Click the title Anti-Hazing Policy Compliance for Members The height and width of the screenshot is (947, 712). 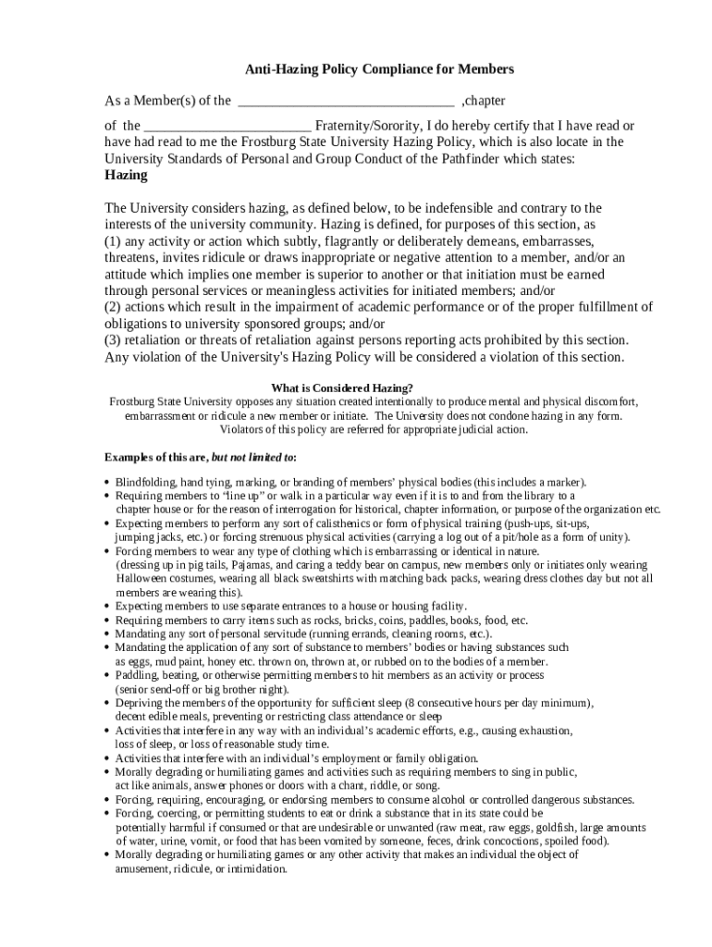(x=379, y=69)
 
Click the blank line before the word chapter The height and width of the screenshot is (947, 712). (x=346, y=103)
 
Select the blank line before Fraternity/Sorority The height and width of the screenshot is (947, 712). (x=228, y=128)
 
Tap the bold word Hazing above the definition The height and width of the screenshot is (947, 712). (x=126, y=175)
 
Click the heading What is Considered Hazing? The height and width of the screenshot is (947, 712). (x=342, y=387)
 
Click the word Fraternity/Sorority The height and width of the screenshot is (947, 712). (x=367, y=126)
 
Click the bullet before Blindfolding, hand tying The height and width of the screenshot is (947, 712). (x=107, y=483)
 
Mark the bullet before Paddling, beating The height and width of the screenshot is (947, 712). (x=107, y=676)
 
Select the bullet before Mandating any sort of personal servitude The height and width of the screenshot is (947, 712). (x=107, y=634)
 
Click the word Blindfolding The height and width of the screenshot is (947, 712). (x=145, y=482)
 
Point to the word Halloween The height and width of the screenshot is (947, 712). (x=140, y=579)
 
